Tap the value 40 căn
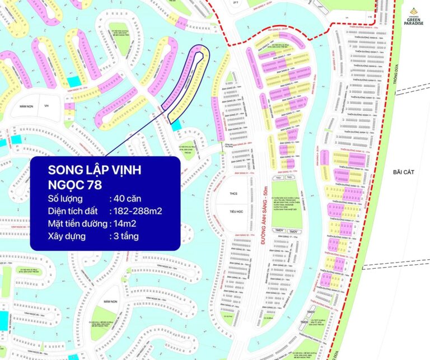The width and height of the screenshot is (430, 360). pyautogui.click(x=124, y=198)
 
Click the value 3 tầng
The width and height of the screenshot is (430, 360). pyautogui.click(x=124, y=236)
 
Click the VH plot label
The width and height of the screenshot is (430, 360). pyautogui.click(x=47, y=106)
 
